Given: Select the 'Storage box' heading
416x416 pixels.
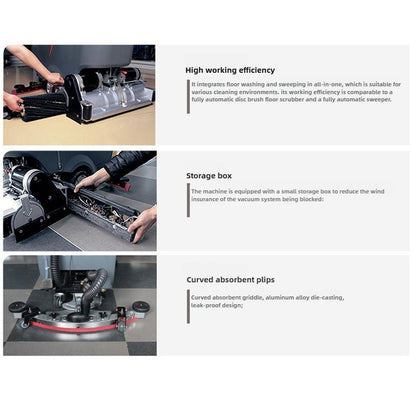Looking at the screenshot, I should (208, 176).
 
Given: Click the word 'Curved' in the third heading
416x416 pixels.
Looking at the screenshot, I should (199, 281).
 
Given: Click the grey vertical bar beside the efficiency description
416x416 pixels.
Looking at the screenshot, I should (188, 92).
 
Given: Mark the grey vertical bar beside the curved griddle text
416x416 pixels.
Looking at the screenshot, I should (188, 301).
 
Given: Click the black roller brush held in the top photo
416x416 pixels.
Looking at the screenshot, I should (40, 101).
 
